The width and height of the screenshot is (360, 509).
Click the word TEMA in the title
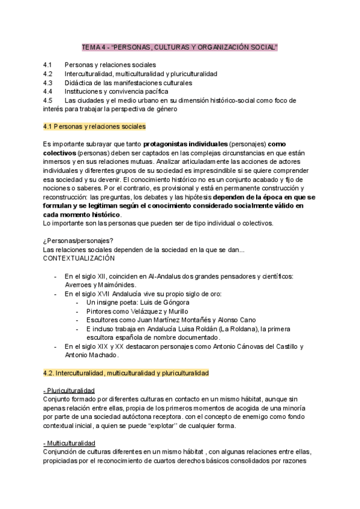tap(91, 47)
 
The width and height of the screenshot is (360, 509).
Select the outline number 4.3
tap(49, 82)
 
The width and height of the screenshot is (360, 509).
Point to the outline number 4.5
tap(49, 100)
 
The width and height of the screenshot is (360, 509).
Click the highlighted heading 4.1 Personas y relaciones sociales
tap(94, 127)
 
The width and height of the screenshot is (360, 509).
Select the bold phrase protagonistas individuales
tap(185, 145)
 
